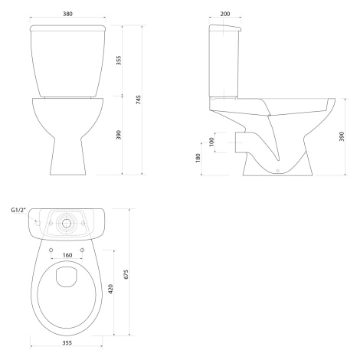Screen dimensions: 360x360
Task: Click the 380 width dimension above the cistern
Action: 67,14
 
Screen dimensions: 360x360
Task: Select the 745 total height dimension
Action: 139,100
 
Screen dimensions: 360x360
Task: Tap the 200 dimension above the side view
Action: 225,14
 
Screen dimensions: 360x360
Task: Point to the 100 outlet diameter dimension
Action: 211,142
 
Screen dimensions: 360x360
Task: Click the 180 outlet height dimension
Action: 198,158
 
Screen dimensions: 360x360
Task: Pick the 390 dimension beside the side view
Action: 342,136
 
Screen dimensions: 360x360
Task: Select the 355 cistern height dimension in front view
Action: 119,61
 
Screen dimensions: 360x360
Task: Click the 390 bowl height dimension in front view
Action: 119,135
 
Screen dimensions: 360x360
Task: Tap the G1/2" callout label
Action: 18,210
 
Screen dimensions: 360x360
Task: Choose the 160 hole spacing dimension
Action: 67,255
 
